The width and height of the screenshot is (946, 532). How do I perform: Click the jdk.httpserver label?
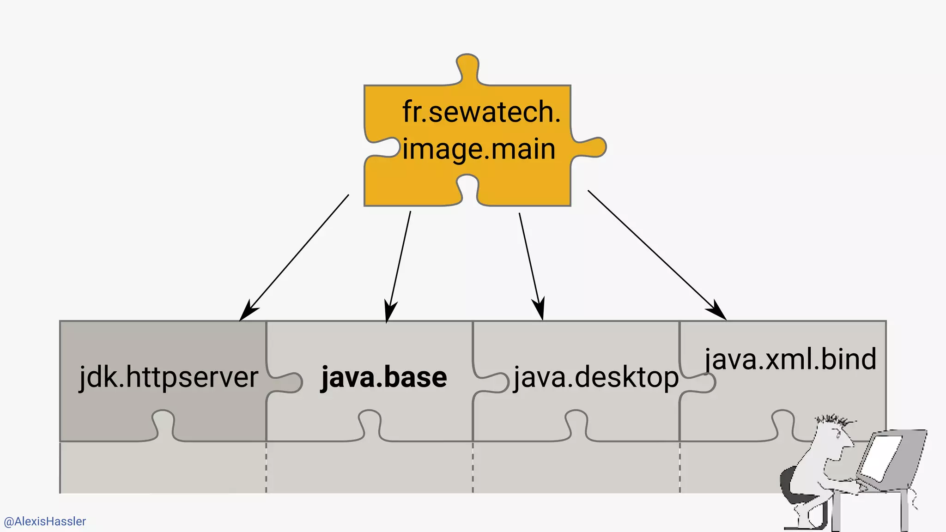tap(169, 377)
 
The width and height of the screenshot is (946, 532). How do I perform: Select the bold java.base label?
tap(384, 377)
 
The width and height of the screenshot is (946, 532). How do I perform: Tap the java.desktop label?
tap(596, 377)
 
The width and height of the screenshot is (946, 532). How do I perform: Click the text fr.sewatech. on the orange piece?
tap(481, 112)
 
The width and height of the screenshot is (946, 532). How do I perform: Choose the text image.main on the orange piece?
tap(479, 149)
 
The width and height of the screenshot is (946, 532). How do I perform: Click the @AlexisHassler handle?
tap(45, 521)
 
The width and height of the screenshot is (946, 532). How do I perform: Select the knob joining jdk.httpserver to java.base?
tap(289, 382)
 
